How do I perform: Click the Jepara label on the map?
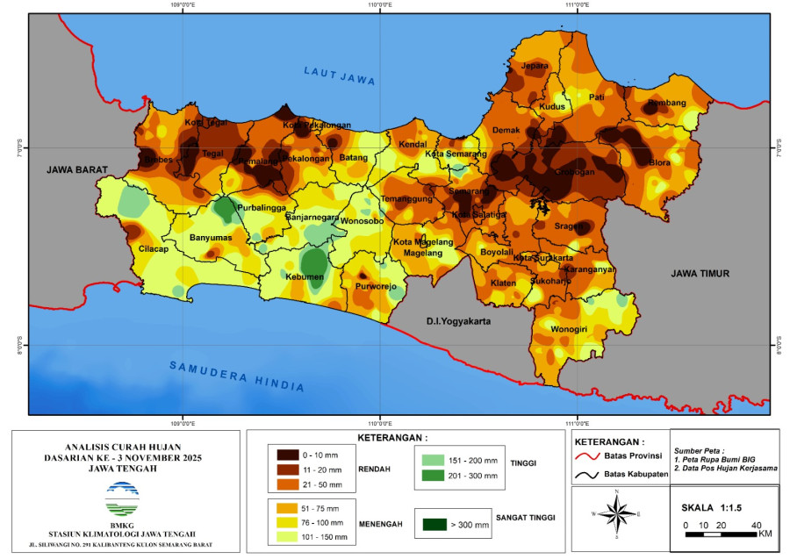[535, 66]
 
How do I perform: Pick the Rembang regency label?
[666, 103]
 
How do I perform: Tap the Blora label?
[659, 162]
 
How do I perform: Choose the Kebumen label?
[305, 277]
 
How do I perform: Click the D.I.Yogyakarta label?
[457, 321]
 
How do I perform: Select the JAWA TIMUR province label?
[700, 274]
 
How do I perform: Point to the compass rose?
[618, 513]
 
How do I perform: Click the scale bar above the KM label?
[720, 533]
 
